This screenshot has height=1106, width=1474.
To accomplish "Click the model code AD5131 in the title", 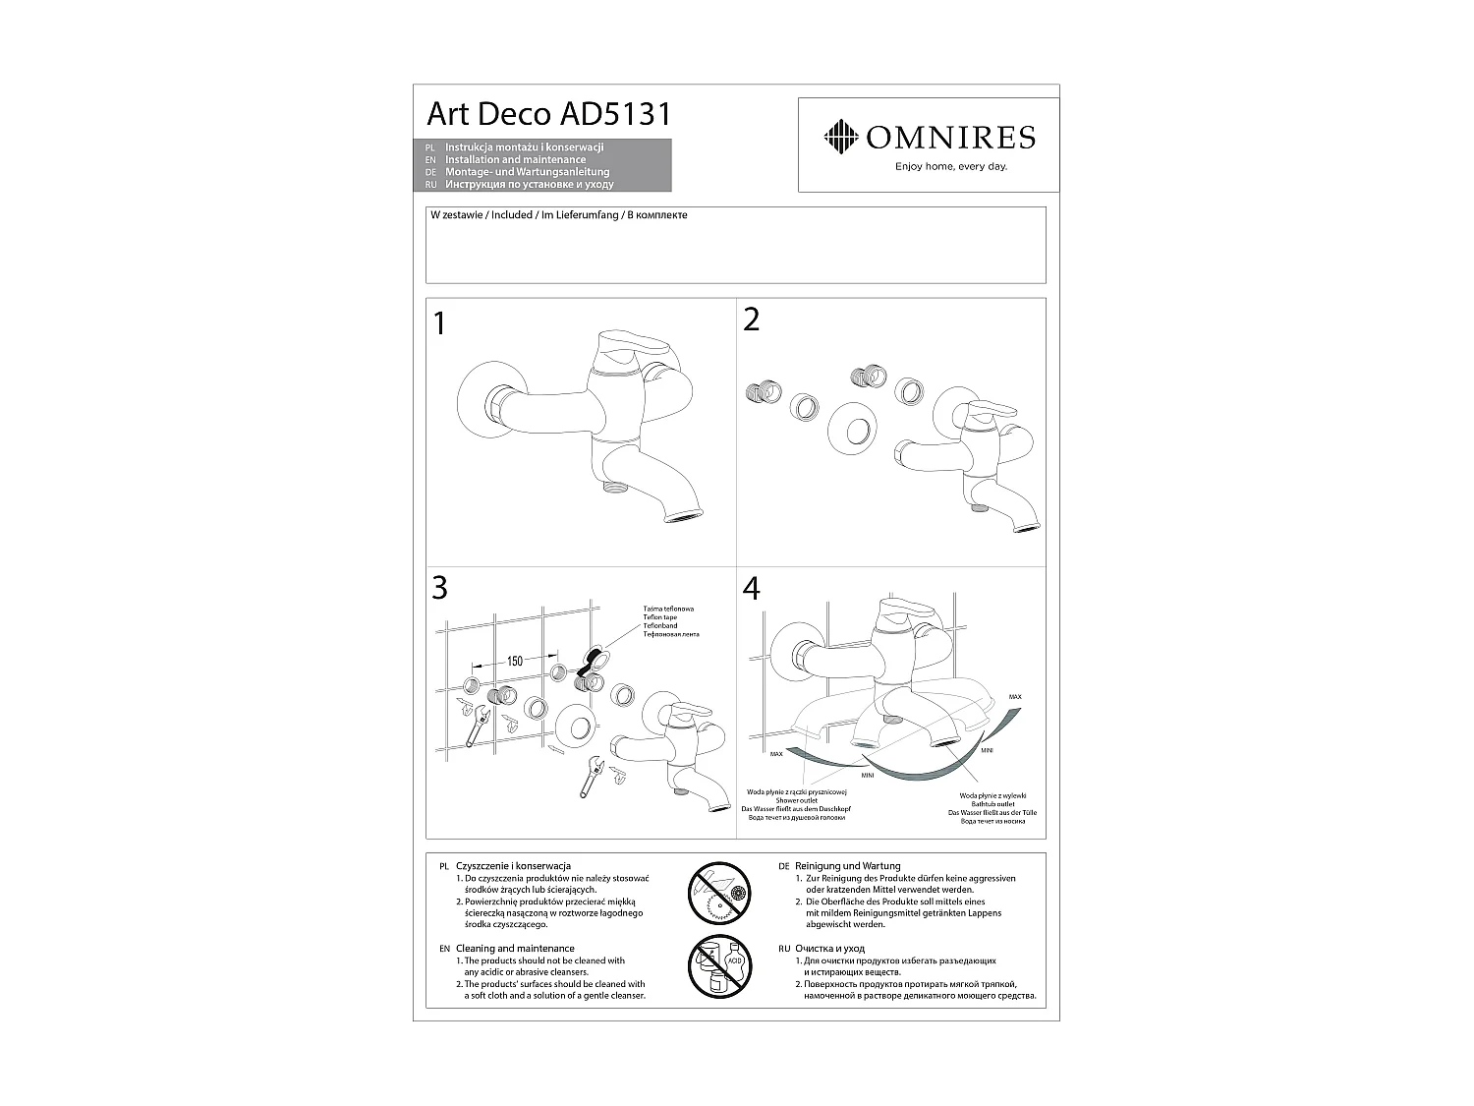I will tap(615, 114).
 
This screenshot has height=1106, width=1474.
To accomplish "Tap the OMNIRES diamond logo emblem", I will tap(840, 137).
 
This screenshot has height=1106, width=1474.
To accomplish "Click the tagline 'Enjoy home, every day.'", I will tap(950, 166).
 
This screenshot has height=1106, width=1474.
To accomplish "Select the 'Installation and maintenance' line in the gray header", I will tap(515, 159).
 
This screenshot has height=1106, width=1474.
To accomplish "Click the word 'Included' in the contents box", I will tap(511, 215).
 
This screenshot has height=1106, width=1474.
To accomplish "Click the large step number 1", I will tap(439, 324).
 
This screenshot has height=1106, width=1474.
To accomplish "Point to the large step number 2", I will tap(752, 320).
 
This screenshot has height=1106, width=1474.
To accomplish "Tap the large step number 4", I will tap(752, 589).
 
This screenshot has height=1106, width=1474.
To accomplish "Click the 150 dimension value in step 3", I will tap(515, 662).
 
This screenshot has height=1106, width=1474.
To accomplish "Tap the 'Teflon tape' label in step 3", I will tap(659, 617).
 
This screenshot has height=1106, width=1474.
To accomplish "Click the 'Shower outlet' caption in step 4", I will tap(796, 800).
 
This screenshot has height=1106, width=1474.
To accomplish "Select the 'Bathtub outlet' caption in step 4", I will tap(992, 804).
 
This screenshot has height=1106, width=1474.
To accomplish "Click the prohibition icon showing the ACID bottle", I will tap(718, 967).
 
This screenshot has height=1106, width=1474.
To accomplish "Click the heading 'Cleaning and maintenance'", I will tap(515, 949).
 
